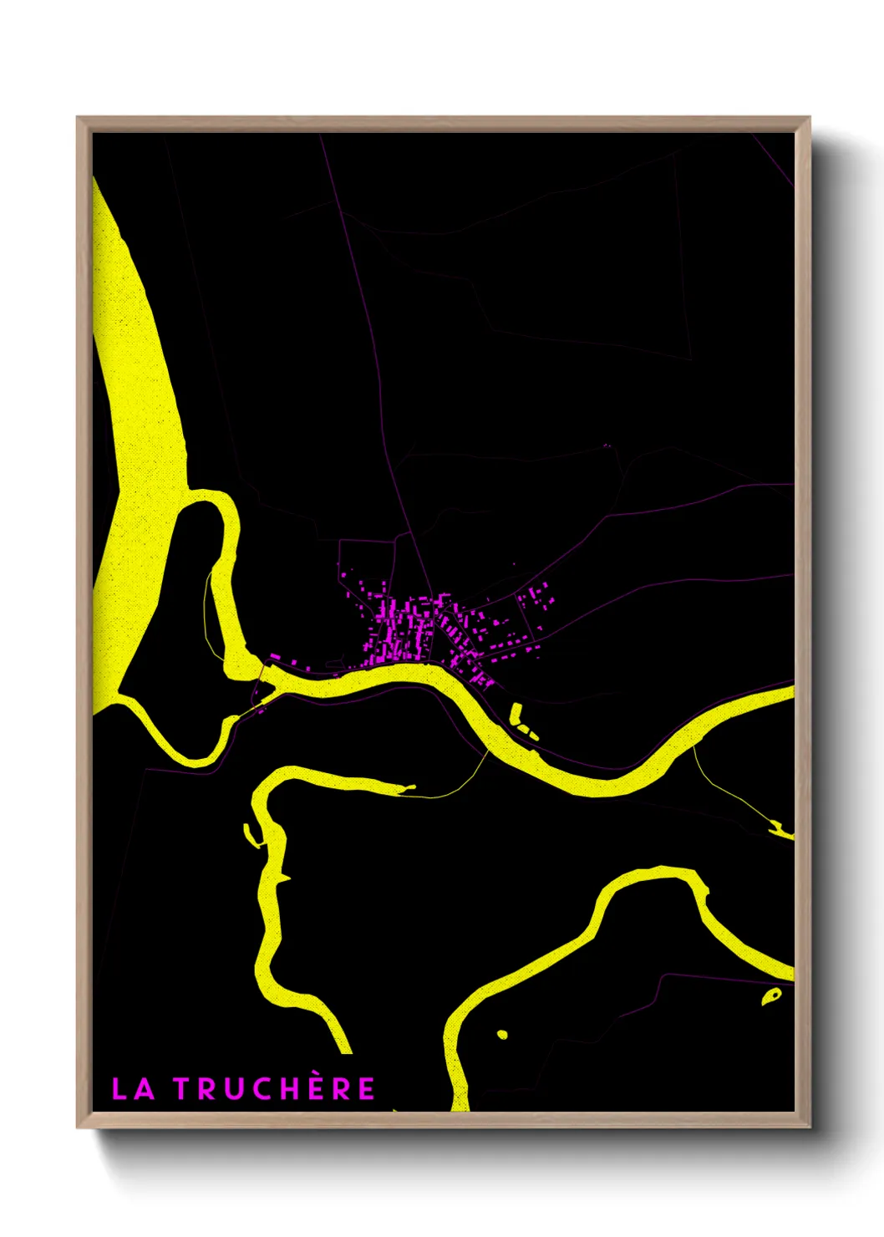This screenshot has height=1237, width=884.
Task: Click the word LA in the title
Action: [133, 1089]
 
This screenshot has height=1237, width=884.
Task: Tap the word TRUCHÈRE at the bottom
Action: [275, 1088]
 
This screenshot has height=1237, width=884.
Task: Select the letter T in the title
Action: [183, 1089]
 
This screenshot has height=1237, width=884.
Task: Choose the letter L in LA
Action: [120, 1089]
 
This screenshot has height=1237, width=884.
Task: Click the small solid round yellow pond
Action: [502, 1035]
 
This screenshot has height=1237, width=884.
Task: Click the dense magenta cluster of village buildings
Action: [409, 627]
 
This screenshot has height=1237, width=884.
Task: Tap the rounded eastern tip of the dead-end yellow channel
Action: [410, 786]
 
